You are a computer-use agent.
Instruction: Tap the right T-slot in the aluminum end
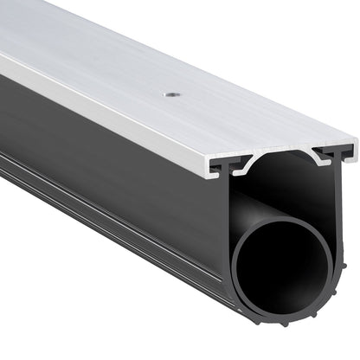[x=333, y=154]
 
